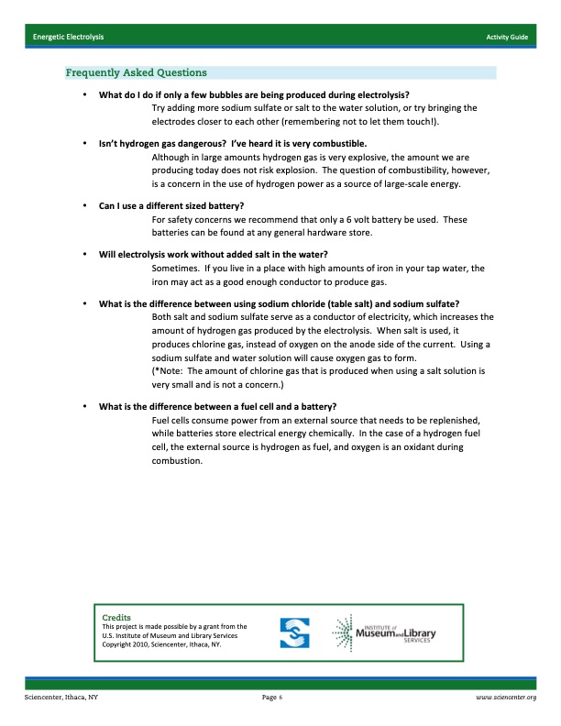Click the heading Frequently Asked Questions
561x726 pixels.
click(x=136, y=72)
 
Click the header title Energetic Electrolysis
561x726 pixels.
click(x=68, y=36)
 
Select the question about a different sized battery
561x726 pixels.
click(x=171, y=204)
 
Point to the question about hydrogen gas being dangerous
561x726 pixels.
click(x=233, y=144)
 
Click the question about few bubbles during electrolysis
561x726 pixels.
click(x=254, y=94)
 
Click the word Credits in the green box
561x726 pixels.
click(x=116, y=618)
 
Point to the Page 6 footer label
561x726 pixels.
click(x=271, y=698)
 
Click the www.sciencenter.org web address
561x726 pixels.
click(x=505, y=698)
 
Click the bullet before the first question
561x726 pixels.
click(x=84, y=94)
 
